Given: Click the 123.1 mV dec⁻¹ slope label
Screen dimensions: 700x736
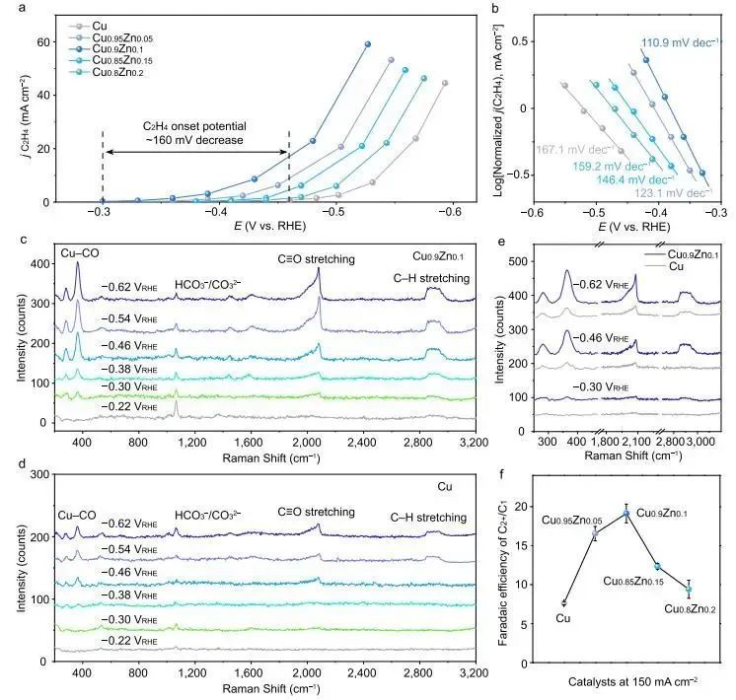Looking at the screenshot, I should [673, 194].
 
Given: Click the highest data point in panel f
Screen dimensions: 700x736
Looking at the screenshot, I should [626, 514].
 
